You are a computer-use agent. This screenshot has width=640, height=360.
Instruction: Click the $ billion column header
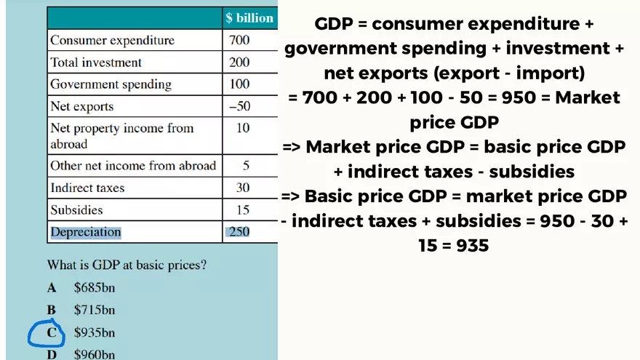[x=249, y=18]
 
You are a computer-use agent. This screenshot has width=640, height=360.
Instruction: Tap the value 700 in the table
[x=239, y=40]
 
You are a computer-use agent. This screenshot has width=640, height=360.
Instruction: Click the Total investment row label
[x=96, y=63]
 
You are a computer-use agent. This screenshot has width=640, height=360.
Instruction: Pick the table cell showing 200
[x=239, y=63]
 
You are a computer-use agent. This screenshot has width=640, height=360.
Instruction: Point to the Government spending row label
[x=111, y=84]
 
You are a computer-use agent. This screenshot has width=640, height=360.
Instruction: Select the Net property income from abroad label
[x=121, y=136]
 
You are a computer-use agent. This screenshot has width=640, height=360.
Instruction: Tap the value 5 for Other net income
[x=246, y=166]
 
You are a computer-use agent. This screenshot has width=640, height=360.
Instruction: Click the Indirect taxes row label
[x=87, y=188]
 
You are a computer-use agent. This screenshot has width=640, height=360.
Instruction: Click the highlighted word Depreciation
[x=85, y=232]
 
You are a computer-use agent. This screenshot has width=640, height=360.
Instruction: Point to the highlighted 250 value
[x=239, y=232]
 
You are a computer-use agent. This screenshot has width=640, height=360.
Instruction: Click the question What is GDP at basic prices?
[x=127, y=265]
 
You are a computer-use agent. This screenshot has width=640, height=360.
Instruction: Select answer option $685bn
[x=95, y=287]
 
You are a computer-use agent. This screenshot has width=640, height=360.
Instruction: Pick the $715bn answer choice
[x=95, y=310]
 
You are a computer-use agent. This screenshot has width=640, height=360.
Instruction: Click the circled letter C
[x=52, y=333]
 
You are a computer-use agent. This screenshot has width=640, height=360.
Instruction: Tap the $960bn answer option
[x=95, y=355]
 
